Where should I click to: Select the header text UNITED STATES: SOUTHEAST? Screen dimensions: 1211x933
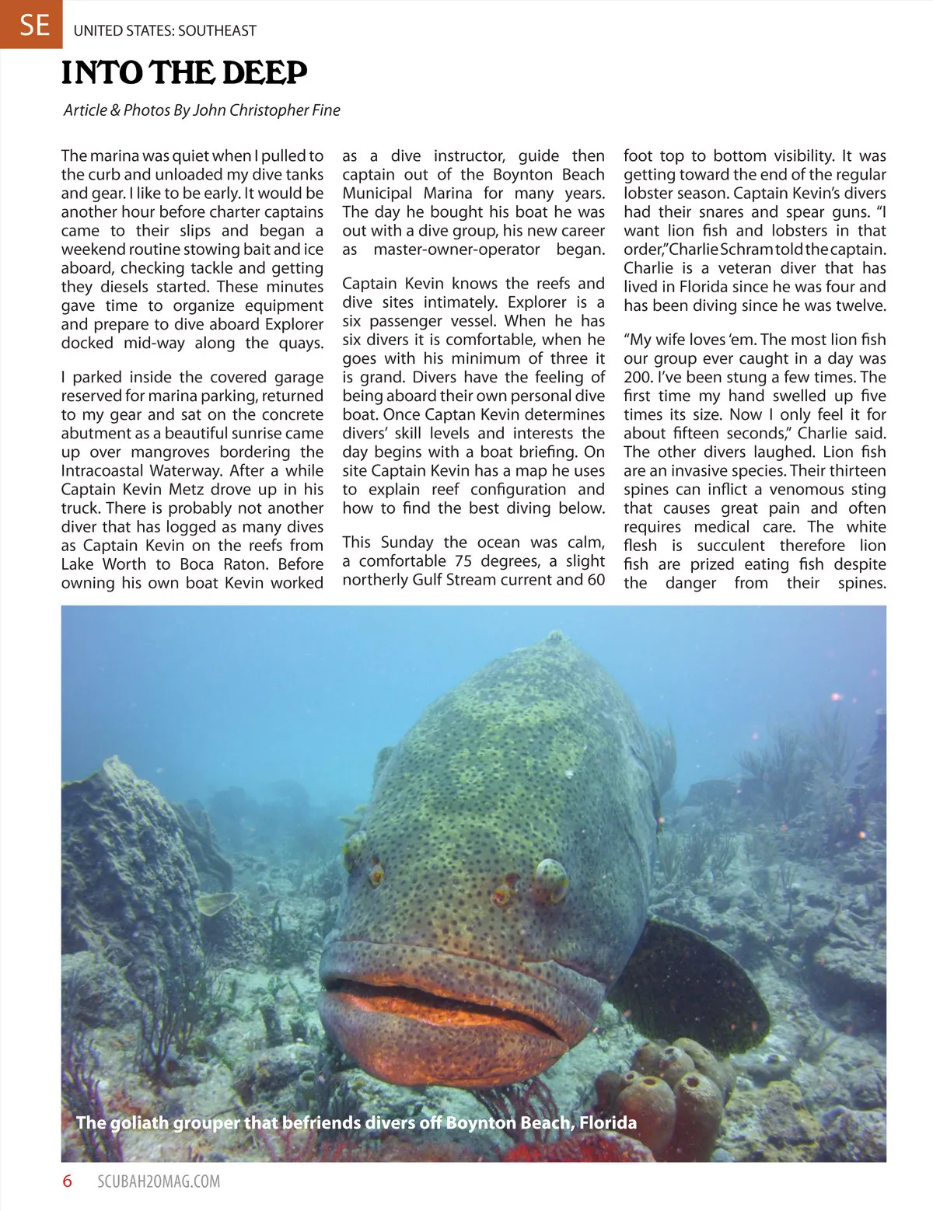pyautogui.click(x=165, y=31)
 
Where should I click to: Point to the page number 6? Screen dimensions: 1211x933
pyautogui.click(x=68, y=1181)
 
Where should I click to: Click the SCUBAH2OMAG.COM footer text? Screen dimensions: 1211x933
pyautogui.click(x=159, y=1182)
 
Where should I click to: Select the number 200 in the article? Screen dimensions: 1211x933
pyautogui.click(x=637, y=378)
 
